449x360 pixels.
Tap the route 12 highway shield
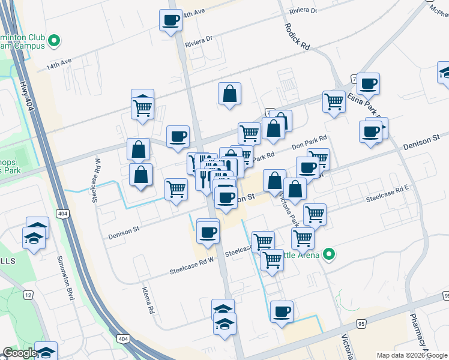[x=28, y=295]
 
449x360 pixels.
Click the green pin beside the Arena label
[x=328, y=254]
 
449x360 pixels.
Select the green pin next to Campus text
[x=54, y=41]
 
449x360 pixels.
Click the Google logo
[x=19, y=352]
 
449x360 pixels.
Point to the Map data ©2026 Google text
[x=412, y=355]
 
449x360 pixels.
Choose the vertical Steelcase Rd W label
[x=96, y=180]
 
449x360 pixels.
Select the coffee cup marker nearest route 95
[x=282, y=311]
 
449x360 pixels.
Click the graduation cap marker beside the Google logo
[x=46, y=351]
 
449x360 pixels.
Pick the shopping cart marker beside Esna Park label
[x=334, y=101]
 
